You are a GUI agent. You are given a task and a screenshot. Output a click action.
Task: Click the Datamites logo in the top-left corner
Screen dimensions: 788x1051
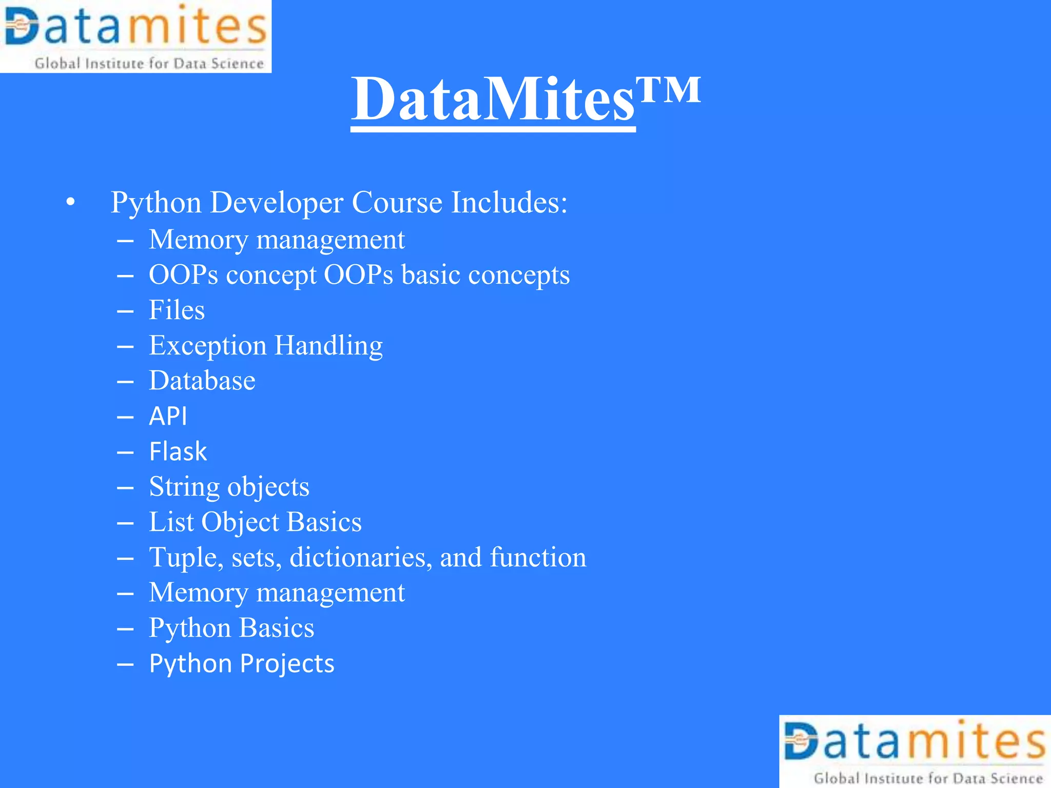tap(135, 36)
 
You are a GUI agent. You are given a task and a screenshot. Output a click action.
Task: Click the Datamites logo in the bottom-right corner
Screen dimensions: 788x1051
tap(915, 752)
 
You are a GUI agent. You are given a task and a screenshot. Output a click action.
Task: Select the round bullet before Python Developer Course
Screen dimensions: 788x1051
tap(71, 202)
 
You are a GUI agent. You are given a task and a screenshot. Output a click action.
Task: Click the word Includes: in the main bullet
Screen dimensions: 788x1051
tap(509, 202)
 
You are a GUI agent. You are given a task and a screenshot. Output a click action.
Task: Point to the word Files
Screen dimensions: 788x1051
tap(177, 310)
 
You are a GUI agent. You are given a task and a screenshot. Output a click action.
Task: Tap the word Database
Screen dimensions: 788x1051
tap(202, 381)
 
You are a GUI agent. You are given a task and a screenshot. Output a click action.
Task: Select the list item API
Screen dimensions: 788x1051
tap(168, 416)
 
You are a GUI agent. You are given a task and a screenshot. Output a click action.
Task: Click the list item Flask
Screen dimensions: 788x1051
tap(178, 451)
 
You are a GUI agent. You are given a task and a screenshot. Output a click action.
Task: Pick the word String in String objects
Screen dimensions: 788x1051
tap(184, 487)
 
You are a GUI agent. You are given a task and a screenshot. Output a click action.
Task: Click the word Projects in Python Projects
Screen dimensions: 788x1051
tap(287, 663)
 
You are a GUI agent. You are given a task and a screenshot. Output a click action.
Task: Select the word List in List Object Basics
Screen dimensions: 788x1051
tap(171, 522)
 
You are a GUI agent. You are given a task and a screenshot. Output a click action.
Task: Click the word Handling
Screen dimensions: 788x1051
tap(329, 346)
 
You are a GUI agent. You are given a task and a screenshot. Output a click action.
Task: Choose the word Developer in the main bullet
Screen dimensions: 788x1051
tap(276, 202)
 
